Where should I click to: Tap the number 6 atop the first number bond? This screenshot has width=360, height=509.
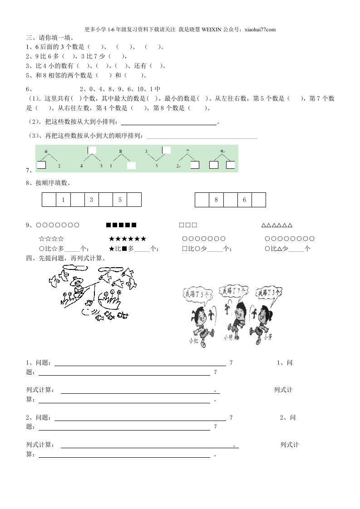pyautogui.click(x=46, y=152)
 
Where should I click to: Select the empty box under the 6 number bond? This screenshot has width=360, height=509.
pyautogui.click(x=41, y=165)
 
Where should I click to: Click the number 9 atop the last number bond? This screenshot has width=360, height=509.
pyautogui.click(x=222, y=152)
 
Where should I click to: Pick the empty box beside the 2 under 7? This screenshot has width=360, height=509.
pyautogui.click(x=194, y=165)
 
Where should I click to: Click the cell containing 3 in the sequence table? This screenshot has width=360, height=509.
pyautogui.click(x=91, y=200)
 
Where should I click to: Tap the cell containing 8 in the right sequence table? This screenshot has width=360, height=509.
pyautogui.click(x=216, y=200)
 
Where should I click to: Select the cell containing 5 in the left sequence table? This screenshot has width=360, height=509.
pyautogui.click(x=120, y=200)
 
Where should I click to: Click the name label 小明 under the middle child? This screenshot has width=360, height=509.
pyautogui.click(x=228, y=338)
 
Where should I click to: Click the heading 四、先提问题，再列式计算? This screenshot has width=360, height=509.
pyautogui.click(x=66, y=258)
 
